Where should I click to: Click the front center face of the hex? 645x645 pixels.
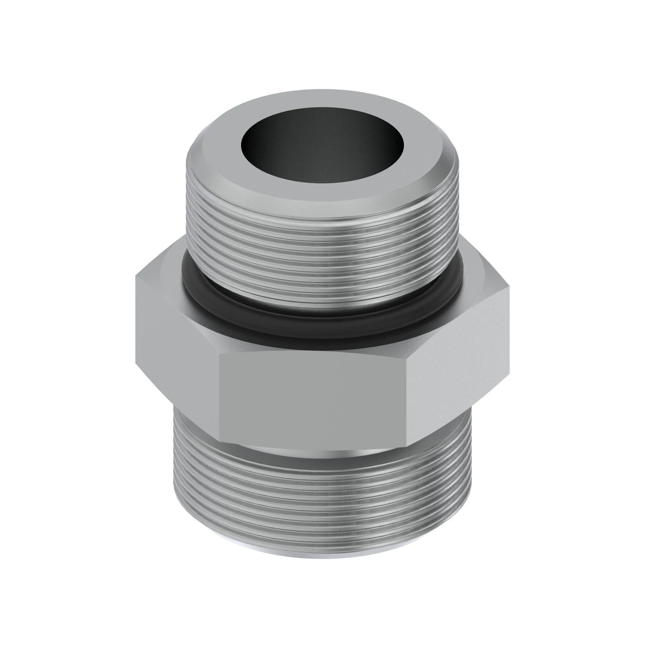pos(312,397)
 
